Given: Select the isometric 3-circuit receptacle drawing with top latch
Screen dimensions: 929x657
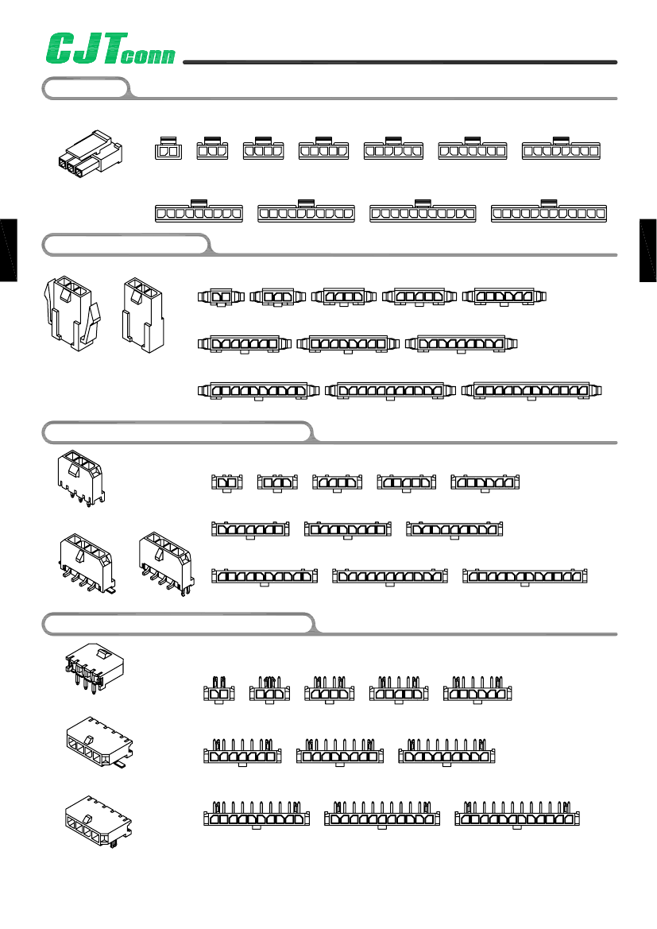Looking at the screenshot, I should (90, 153).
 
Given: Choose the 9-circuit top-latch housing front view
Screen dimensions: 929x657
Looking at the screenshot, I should (198, 211).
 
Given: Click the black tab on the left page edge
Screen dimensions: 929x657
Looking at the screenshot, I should (8, 248).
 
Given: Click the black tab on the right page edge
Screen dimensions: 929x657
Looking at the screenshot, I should (647, 248).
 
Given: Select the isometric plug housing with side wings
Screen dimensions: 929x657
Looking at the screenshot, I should (72, 312).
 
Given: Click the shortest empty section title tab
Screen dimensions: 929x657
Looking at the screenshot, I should (85, 87).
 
